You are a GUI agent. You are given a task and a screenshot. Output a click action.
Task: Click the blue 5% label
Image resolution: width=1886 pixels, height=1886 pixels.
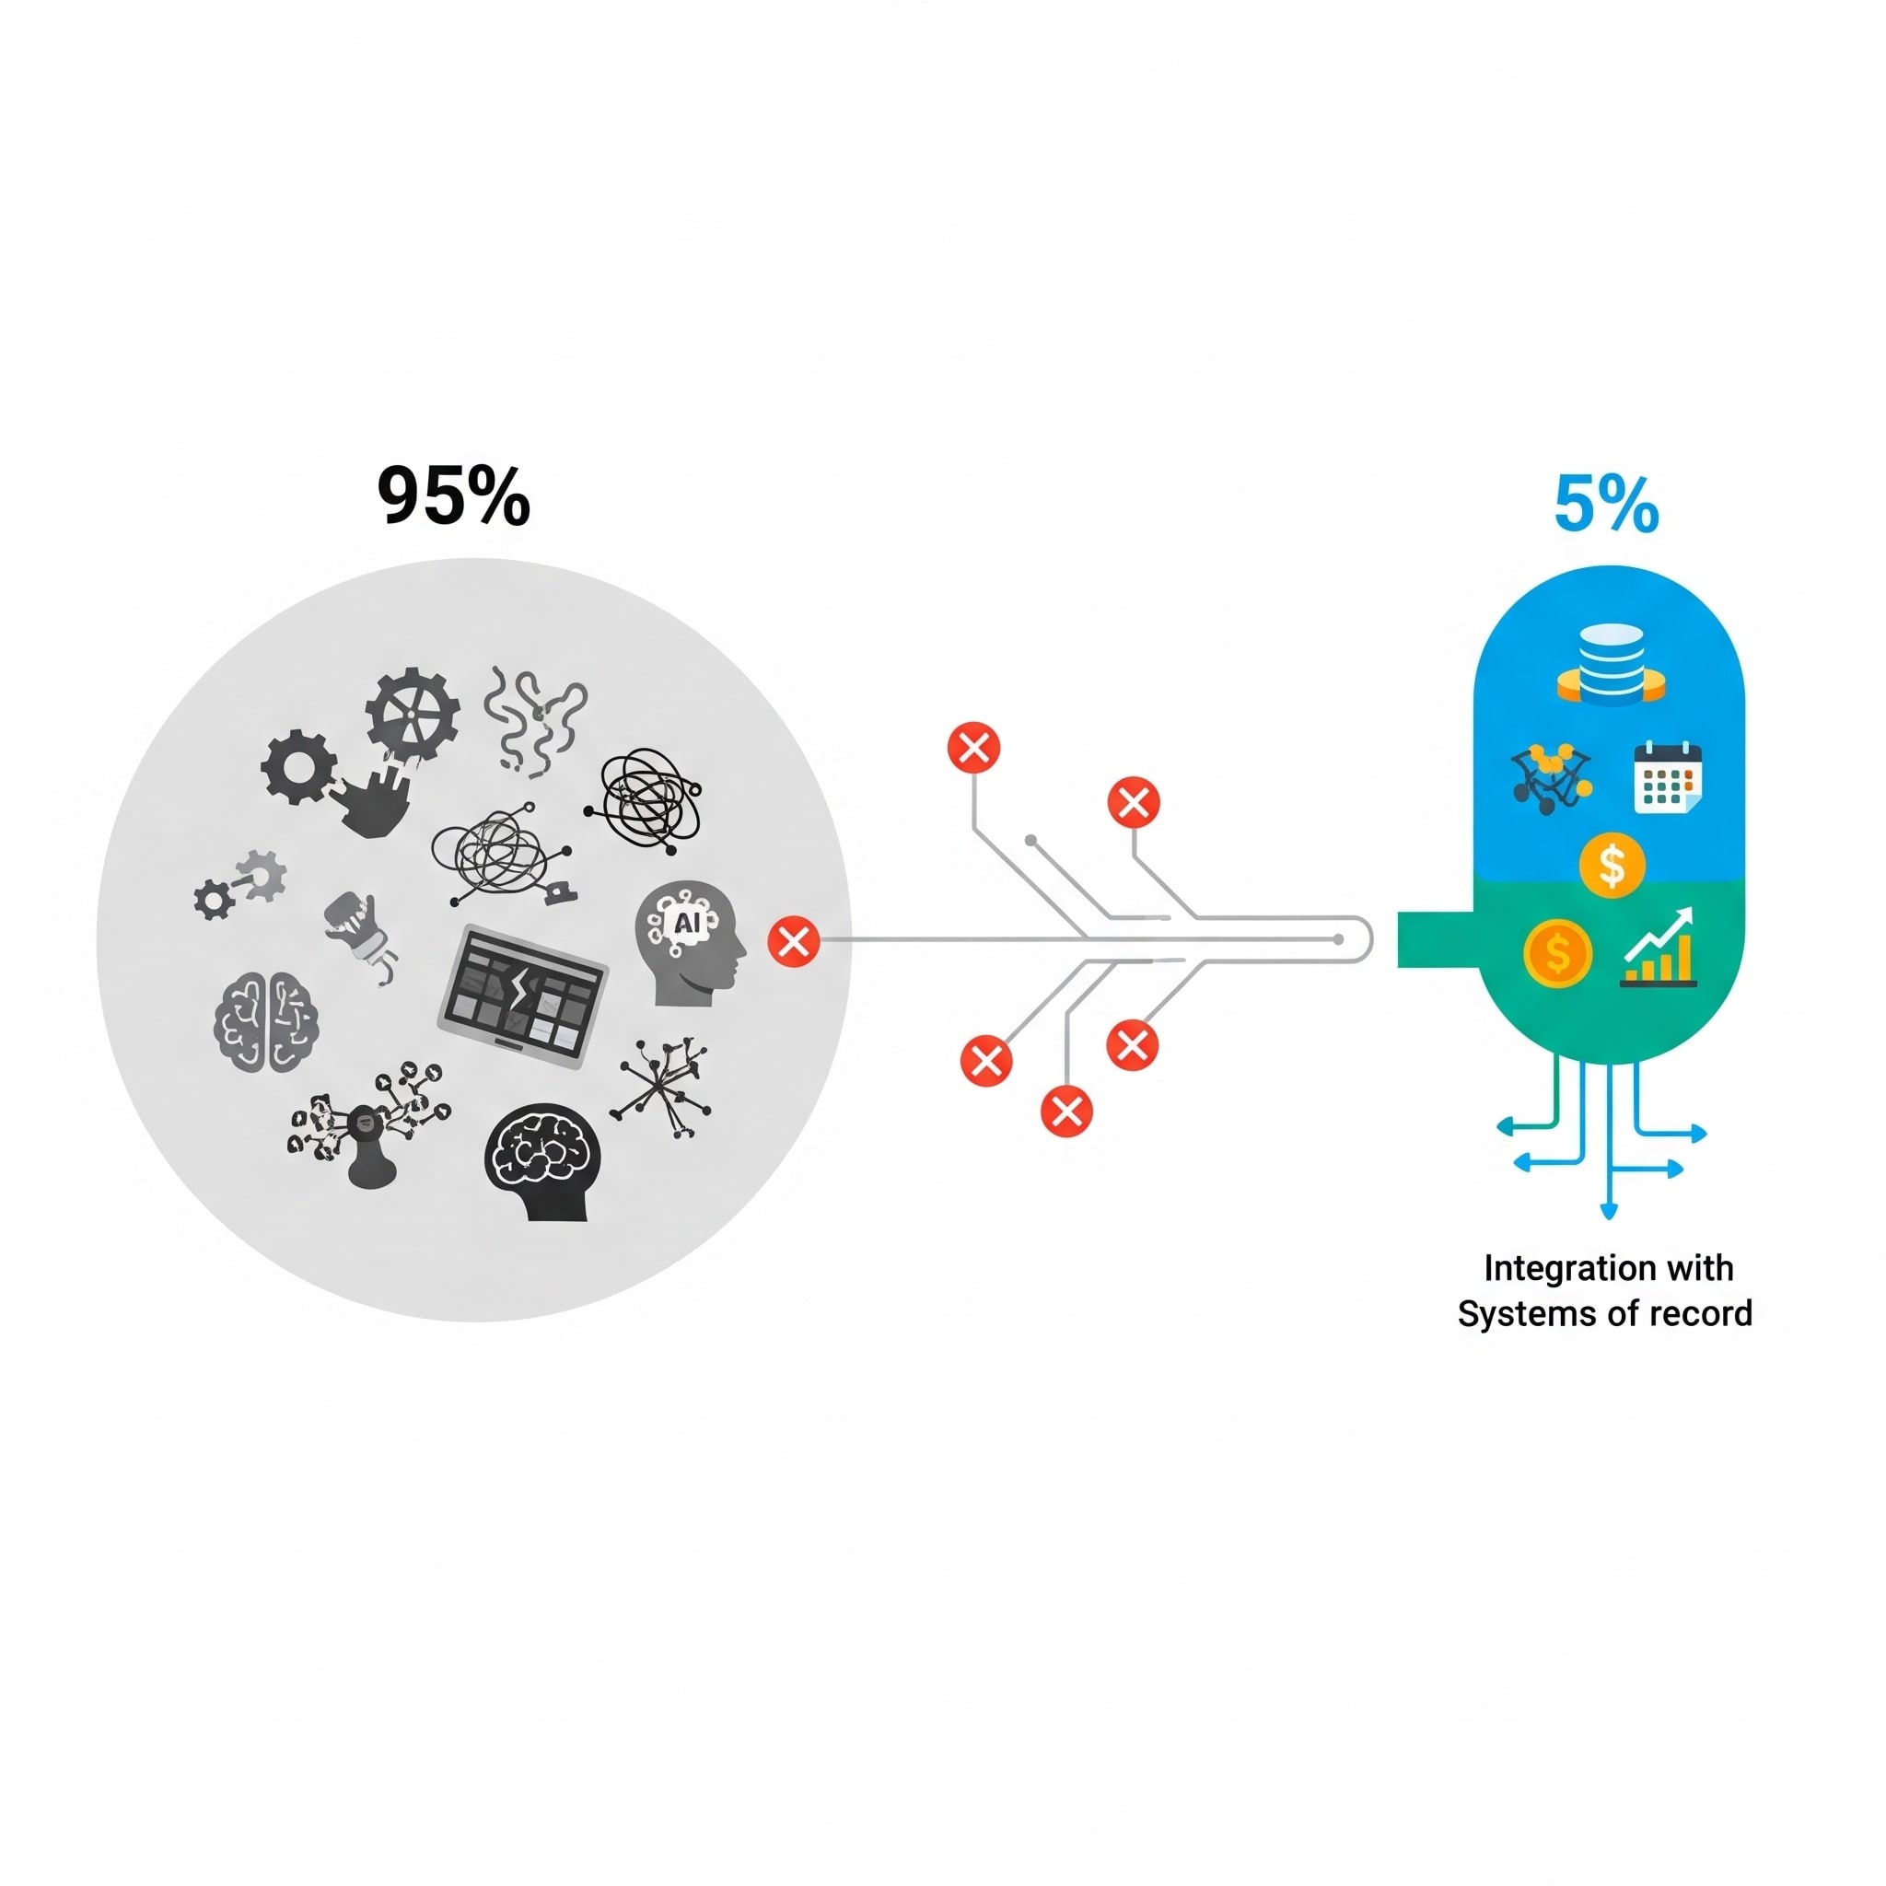coord(1606,505)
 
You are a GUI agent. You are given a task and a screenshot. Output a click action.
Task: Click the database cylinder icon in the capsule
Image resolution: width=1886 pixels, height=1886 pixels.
coord(1611,665)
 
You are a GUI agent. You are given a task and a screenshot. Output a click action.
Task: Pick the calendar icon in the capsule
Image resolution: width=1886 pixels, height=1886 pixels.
coord(1668,777)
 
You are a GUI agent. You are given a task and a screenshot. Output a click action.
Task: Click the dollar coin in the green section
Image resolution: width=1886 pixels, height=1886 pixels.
coord(1557,954)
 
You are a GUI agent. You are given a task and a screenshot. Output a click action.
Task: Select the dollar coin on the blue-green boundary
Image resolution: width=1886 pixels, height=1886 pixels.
coord(1612,865)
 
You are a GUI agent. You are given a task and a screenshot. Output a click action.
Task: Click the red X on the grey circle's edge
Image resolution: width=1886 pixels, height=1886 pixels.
coord(794,941)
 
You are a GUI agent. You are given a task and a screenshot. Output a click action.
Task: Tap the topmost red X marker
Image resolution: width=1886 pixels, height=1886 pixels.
coord(973,748)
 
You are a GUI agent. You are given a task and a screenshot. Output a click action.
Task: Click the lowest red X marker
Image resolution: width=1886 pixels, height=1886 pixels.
coord(1066,1111)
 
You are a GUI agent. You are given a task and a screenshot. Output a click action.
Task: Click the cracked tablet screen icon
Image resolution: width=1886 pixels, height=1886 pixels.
coord(523,995)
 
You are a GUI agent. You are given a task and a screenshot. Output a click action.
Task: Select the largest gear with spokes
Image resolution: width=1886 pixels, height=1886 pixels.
coord(413,716)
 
